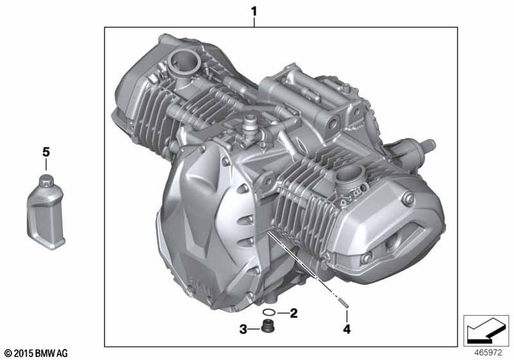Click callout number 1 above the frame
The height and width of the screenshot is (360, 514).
(x=254, y=12)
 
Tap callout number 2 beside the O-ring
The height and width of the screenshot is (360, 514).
(x=294, y=313)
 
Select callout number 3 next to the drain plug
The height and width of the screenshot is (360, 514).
(x=243, y=329)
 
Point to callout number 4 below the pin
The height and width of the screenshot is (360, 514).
(x=347, y=329)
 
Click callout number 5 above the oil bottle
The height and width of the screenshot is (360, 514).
(x=46, y=152)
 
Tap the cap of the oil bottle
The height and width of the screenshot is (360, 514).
(x=46, y=181)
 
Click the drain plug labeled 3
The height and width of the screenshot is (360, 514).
(x=267, y=327)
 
